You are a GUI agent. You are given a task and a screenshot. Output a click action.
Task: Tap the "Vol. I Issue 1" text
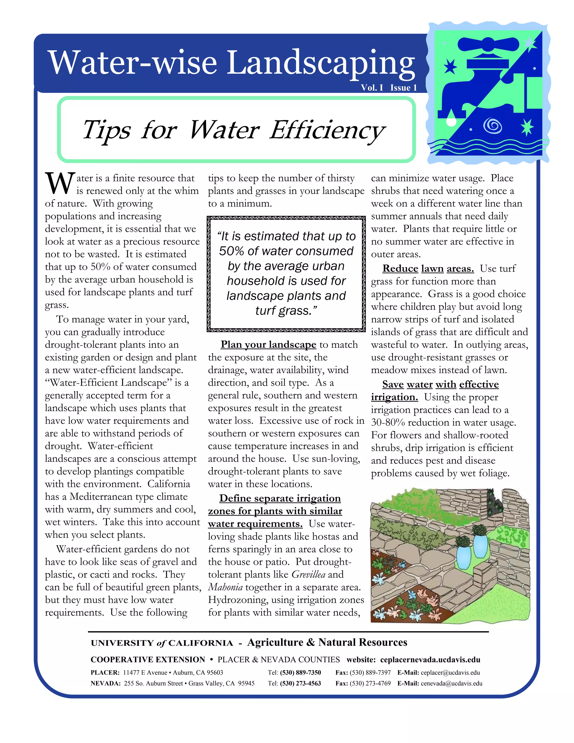(389, 88)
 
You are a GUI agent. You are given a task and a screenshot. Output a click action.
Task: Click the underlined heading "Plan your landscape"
(268, 345)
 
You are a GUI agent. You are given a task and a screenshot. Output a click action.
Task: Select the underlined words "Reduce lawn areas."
(428, 269)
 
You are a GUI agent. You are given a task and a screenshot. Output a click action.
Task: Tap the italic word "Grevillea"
(308, 574)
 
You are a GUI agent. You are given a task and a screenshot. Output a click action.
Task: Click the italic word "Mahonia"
(225, 587)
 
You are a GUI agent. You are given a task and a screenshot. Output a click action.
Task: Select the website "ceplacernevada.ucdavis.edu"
(430, 660)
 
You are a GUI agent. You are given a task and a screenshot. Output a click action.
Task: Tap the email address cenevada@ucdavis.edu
(451, 684)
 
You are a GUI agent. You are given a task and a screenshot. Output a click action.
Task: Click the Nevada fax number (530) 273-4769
(370, 684)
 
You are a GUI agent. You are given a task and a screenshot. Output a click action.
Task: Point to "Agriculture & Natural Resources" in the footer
(327, 642)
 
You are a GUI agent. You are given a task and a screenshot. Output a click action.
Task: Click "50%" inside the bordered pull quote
(232, 251)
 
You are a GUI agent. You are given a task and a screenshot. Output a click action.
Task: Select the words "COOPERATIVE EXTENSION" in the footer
(148, 660)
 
